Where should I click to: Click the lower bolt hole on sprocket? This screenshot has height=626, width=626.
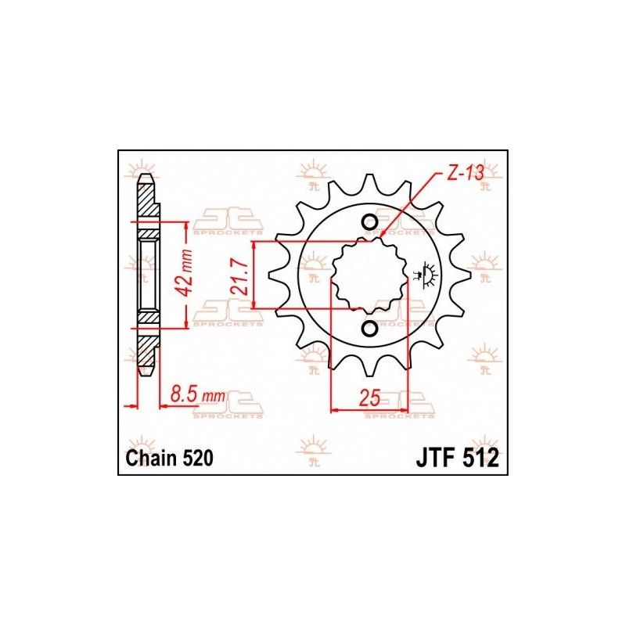pos(370,329)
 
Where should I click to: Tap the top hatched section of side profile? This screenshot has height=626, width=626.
pos(146,205)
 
